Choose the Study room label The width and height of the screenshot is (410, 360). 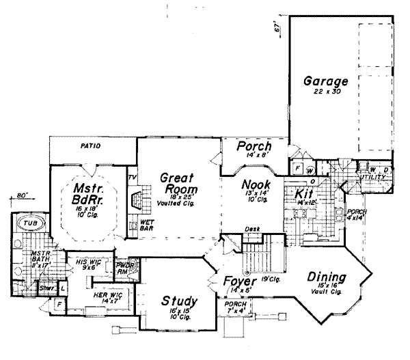pos(180,301)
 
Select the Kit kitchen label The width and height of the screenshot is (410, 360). pos(303,195)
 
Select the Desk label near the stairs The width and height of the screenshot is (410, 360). pos(254,230)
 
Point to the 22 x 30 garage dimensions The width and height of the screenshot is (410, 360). pos(327,91)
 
